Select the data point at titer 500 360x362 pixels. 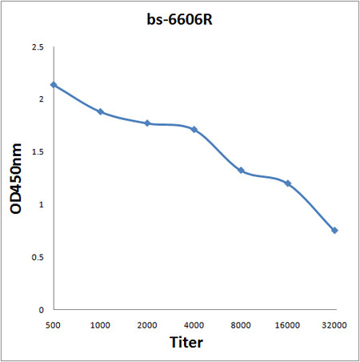pyautogui.click(x=54, y=85)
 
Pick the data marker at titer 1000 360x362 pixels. pyautogui.click(x=101, y=111)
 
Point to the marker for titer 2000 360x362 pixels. pyautogui.click(x=147, y=123)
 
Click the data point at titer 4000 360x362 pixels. pyautogui.click(x=194, y=129)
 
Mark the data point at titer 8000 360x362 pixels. pyautogui.click(x=241, y=171)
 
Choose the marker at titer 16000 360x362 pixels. pyautogui.click(x=287, y=183)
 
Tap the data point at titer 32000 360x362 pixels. pyautogui.click(x=334, y=231)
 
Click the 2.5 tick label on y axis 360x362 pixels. pyautogui.click(x=36, y=48)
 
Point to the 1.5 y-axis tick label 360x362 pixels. pyautogui.click(x=36, y=152)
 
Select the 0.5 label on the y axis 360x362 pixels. pyautogui.click(x=36, y=257)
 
